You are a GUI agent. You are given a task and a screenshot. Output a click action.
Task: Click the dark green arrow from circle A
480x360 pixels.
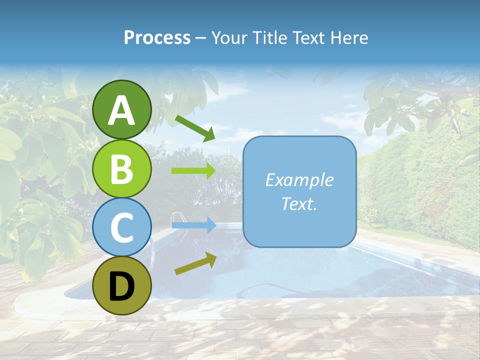[x=195, y=127]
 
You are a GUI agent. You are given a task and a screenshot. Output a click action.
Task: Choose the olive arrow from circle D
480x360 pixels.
[x=195, y=263]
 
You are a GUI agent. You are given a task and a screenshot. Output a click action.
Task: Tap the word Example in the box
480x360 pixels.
[x=299, y=180]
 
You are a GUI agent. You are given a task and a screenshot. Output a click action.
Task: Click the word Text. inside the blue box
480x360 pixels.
[x=299, y=204]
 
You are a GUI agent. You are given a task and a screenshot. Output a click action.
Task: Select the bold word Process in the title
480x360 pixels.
[x=157, y=37]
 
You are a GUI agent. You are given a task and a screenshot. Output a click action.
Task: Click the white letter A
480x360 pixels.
[x=122, y=110]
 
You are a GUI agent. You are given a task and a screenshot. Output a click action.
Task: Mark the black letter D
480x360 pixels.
[x=122, y=286]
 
